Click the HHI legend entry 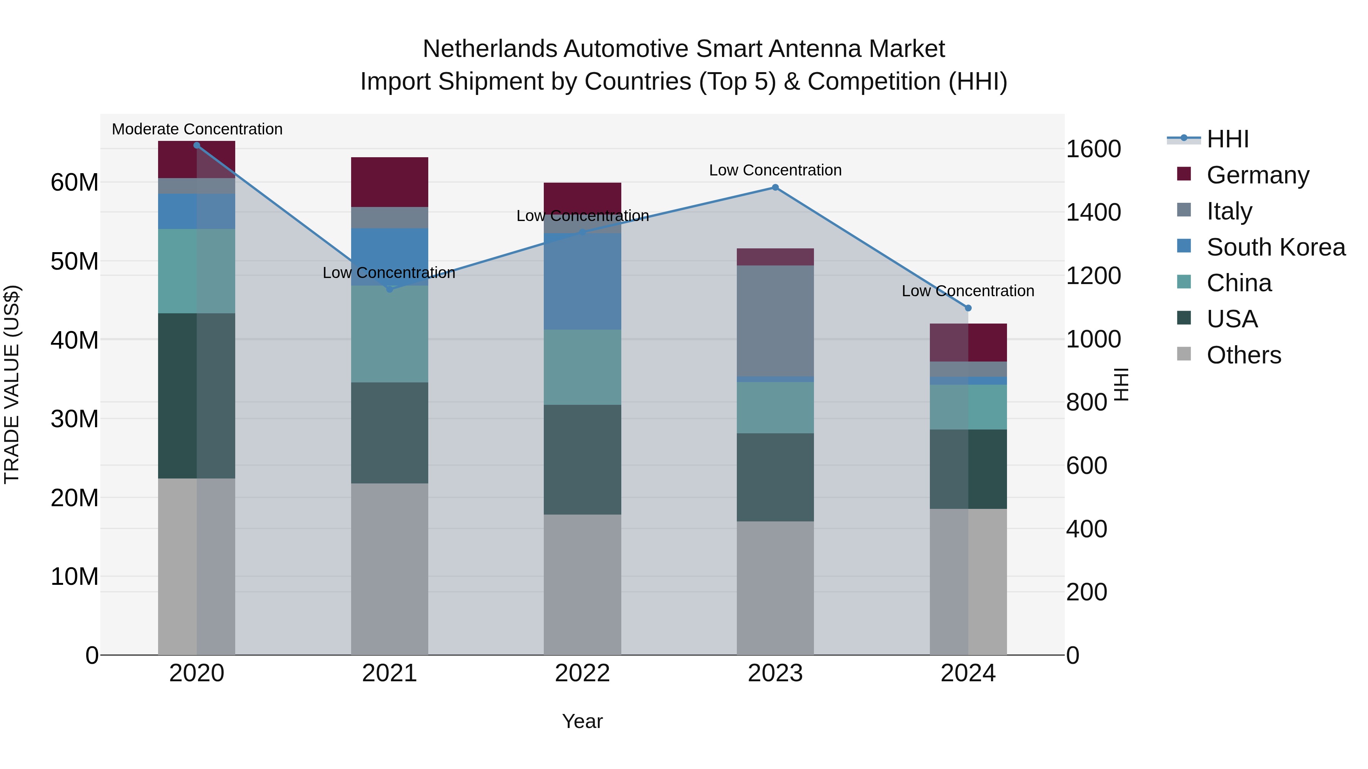[1227, 139]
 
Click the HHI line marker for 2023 [775, 187]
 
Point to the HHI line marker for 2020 [196, 145]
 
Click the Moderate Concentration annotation [197, 129]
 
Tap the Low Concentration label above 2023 [775, 171]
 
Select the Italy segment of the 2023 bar [775, 321]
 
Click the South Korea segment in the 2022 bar [582, 281]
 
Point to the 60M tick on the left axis [74, 183]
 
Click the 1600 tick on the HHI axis [1093, 149]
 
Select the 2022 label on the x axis [582, 673]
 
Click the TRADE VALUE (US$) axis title [12, 384]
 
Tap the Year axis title [582, 721]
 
